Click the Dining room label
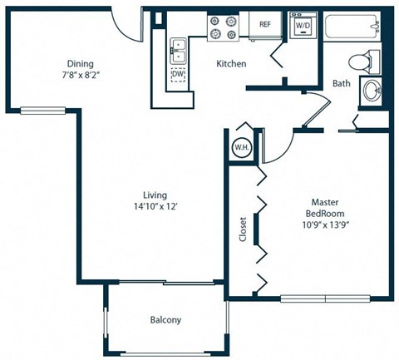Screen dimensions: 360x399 coord(81,64)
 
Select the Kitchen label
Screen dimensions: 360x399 coord(230,64)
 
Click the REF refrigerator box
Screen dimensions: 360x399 coord(265,25)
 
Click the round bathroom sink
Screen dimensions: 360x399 coord(371,93)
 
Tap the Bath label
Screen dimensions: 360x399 coord(341,84)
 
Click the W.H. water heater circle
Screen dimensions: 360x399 coord(242,148)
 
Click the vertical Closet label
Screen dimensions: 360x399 coord(242,229)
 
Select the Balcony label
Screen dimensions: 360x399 coord(165,320)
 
